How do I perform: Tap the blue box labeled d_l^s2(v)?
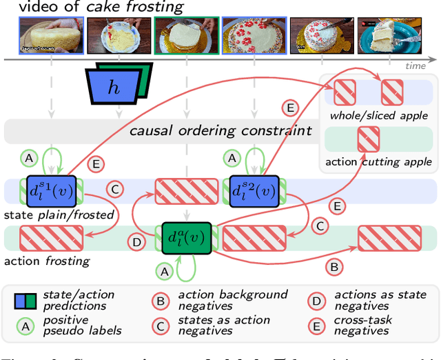tap(250, 191)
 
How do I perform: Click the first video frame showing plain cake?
tap(50, 36)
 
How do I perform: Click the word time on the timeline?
tap(416, 66)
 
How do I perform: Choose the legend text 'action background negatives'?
tap(233, 301)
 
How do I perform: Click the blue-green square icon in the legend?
tap(25, 301)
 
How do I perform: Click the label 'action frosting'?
tap(47, 261)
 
